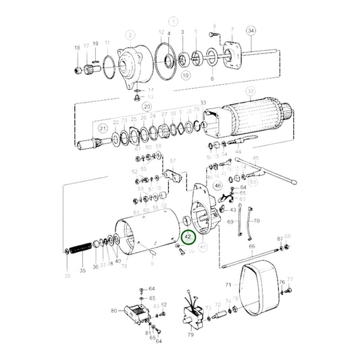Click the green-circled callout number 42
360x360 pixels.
[188, 238]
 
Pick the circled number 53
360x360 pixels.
[253, 182]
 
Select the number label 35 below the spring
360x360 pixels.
[82, 270]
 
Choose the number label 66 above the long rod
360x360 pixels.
[251, 247]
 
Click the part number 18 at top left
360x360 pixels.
[77, 47]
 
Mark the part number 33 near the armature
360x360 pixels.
[203, 101]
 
